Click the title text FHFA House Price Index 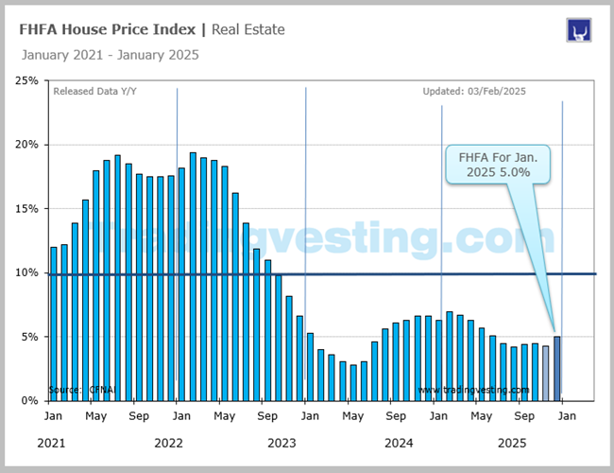(110, 29)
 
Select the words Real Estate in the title (247, 29)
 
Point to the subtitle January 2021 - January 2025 (110, 55)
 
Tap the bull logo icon (578, 30)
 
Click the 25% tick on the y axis (26, 80)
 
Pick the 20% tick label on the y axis (26, 145)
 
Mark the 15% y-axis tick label (26, 208)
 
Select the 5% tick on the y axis (29, 336)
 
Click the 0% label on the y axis (29, 400)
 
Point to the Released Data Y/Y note (95, 92)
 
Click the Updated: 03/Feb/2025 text (474, 92)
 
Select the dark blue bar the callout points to (556, 368)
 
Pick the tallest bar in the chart (193, 276)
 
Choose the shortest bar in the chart (353, 382)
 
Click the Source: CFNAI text (79, 390)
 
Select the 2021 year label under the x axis (54, 443)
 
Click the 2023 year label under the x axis (281, 443)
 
